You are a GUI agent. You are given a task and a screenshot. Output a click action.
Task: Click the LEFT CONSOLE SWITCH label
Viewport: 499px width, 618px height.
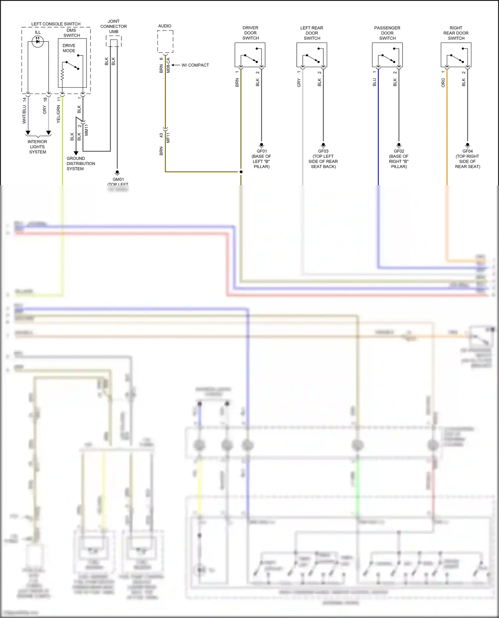click(56, 24)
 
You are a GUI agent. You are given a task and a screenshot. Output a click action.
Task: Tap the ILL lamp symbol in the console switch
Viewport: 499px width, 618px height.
click(38, 41)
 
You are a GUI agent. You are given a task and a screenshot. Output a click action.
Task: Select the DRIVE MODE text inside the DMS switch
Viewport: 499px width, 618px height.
click(69, 48)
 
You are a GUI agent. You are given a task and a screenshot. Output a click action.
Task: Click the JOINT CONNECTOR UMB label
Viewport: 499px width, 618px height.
click(113, 27)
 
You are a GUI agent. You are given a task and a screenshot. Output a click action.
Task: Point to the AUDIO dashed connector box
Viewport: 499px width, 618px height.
click(165, 41)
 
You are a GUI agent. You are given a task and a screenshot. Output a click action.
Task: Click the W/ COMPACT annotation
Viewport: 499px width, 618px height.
click(195, 65)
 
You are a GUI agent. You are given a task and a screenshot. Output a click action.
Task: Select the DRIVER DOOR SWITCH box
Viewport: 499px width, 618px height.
click(250, 55)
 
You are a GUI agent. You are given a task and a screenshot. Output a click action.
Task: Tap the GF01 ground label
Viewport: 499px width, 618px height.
click(261, 151)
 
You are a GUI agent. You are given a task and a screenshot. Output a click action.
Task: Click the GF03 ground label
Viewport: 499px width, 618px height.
click(323, 151)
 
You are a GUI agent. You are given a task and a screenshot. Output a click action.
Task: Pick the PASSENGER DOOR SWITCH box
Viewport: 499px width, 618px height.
click(387, 55)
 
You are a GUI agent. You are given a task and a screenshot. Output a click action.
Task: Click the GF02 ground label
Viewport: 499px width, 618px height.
click(399, 151)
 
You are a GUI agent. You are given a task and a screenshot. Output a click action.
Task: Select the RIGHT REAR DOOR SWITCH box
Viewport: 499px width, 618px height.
click(456, 55)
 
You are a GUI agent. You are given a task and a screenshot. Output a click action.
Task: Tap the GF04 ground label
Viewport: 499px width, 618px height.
click(467, 151)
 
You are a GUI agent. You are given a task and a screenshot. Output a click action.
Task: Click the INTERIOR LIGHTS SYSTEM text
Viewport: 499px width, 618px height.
click(37, 147)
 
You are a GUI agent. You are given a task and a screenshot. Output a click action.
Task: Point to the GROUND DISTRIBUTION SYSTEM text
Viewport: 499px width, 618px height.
click(81, 163)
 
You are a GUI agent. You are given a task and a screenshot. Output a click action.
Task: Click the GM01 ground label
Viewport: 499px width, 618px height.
click(118, 179)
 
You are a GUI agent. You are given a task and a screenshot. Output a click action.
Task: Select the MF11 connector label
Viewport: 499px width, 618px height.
click(168, 137)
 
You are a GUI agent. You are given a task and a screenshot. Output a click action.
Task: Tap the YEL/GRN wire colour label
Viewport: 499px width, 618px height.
click(59, 114)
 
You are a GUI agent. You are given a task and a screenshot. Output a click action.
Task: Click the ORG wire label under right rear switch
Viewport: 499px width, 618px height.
click(443, 83)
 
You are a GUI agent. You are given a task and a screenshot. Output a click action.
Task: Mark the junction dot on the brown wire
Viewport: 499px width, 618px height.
click(241, 172)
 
